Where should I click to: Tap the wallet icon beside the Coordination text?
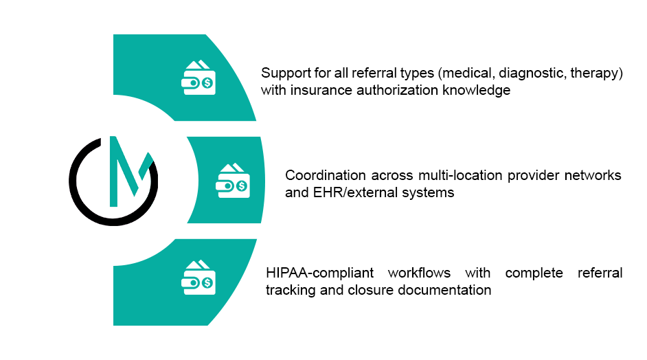234,181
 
